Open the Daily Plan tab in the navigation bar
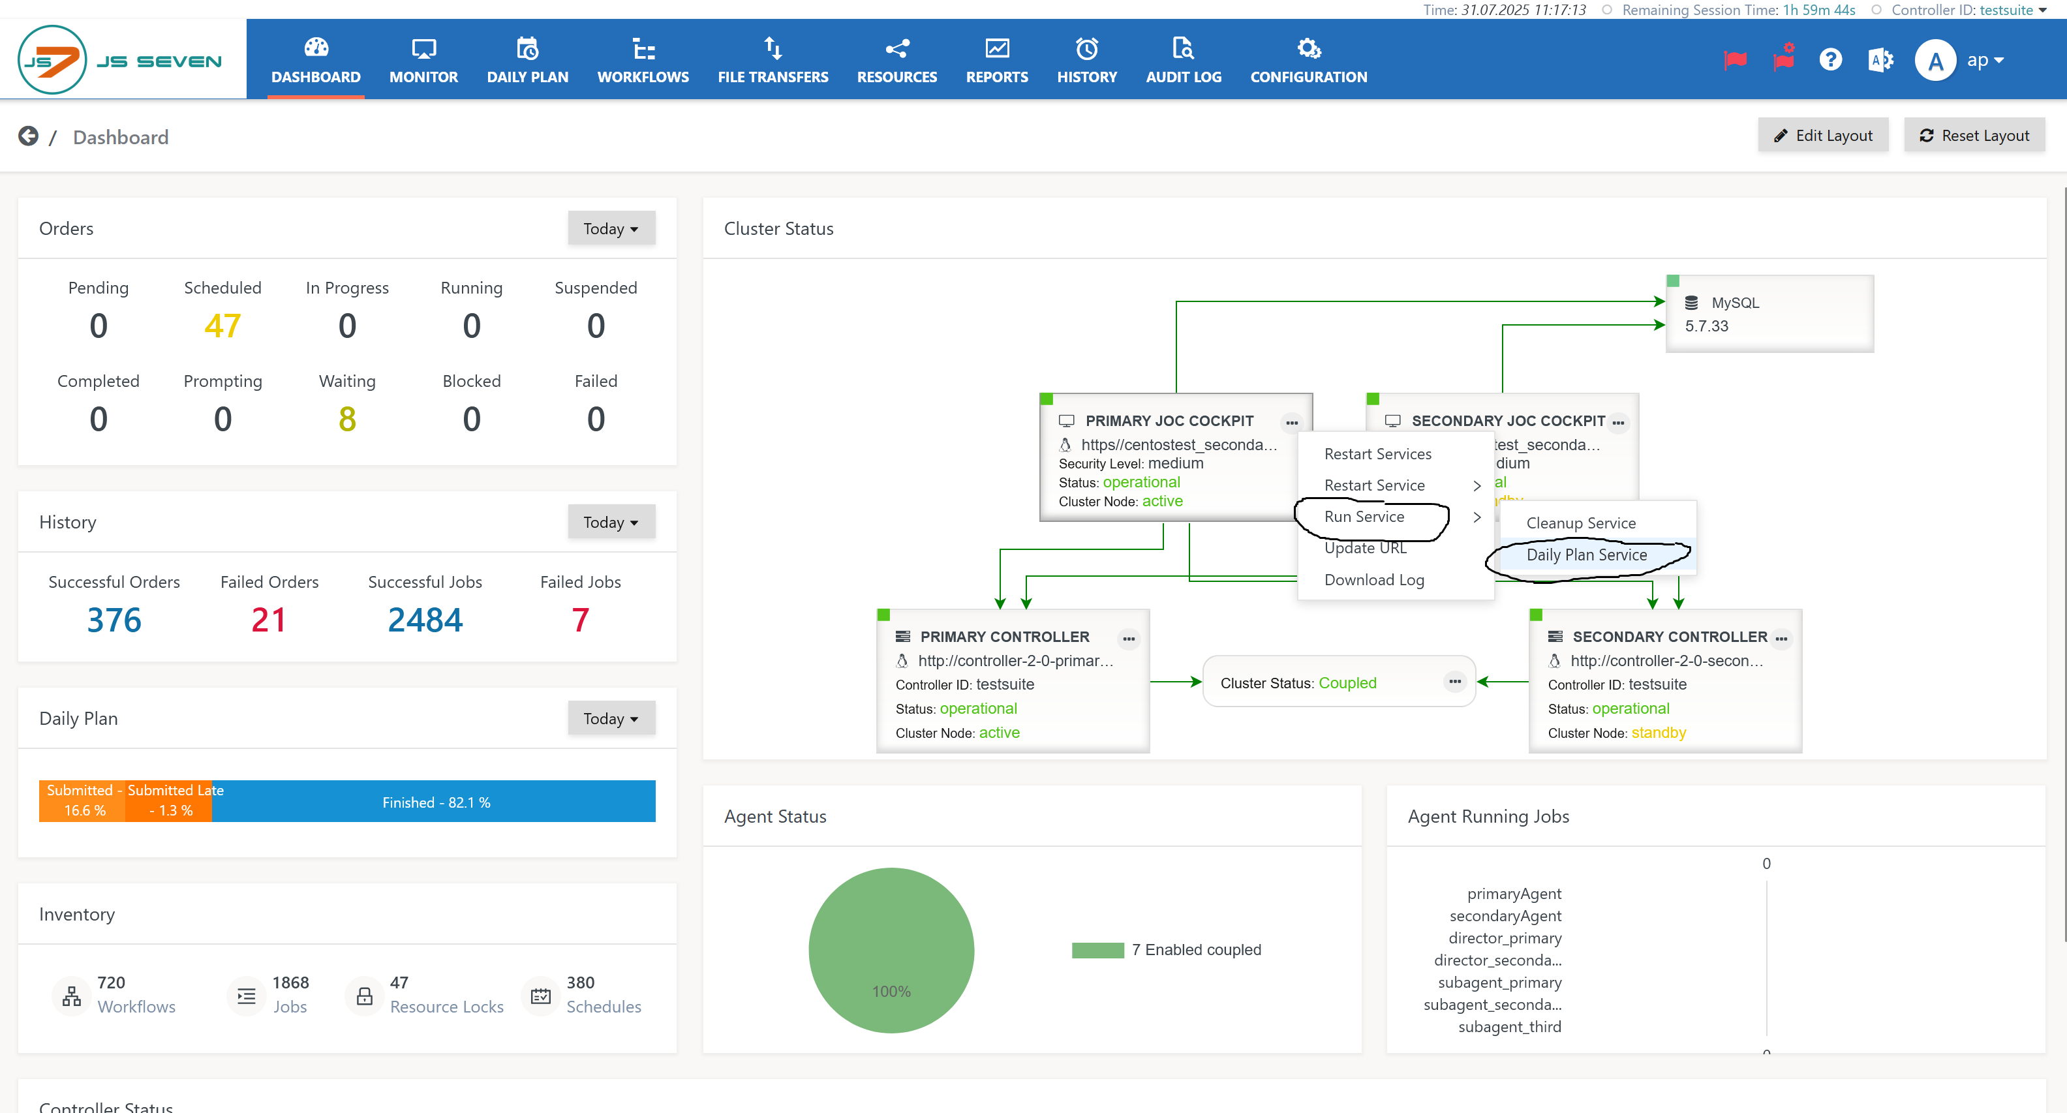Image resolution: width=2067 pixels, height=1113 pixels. coord(527,60)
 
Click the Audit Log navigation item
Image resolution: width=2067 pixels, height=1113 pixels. coord(1183,60)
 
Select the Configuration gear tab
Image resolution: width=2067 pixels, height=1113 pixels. coord(1308,60)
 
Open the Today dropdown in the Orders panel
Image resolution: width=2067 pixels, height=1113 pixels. coord(611,229)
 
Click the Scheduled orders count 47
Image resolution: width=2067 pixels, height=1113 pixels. coord(222,326)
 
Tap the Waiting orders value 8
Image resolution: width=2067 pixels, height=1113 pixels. coord(346,419)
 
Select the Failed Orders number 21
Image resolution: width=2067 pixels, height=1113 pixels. coord(269,620)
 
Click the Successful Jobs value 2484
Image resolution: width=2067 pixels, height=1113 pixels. coord(425,620)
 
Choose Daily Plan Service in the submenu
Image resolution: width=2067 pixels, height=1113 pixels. coord(1586,555)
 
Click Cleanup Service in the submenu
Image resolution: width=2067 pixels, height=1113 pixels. coord(1580,523)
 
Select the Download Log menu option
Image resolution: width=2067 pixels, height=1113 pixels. coord(1373,579)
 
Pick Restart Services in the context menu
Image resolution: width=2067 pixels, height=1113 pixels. coord(1377,454)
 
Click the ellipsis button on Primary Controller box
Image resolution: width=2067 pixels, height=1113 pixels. coord(1128,639)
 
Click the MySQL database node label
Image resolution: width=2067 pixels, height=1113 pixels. coord(1734,303)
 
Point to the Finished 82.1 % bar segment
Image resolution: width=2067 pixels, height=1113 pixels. coord(436,802)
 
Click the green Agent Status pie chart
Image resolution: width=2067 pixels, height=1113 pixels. coord(891,949)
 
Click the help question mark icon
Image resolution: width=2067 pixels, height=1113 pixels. coord(1830,60)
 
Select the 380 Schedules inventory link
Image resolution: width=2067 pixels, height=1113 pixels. coord(603,995)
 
